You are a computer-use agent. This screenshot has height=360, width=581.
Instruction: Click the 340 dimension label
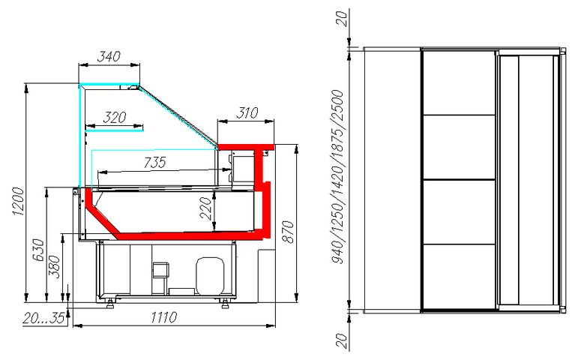pos(109,56)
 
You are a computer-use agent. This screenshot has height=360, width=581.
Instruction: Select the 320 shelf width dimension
pos(115,118)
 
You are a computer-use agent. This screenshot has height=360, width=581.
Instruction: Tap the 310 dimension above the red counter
pos(247,112)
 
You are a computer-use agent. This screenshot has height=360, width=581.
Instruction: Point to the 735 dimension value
pos(155,163)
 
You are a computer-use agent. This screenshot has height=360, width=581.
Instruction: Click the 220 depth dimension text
pos(205,208)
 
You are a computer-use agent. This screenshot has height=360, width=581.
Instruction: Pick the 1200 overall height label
pos(18,201)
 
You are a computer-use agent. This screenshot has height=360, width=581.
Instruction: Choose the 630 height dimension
pos(38,250)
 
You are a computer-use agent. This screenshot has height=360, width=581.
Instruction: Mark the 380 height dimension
pos(55,266)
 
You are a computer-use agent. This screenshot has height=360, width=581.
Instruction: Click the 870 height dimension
pos(288,232)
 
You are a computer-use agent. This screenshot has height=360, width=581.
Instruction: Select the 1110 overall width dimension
pos(163,317)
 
